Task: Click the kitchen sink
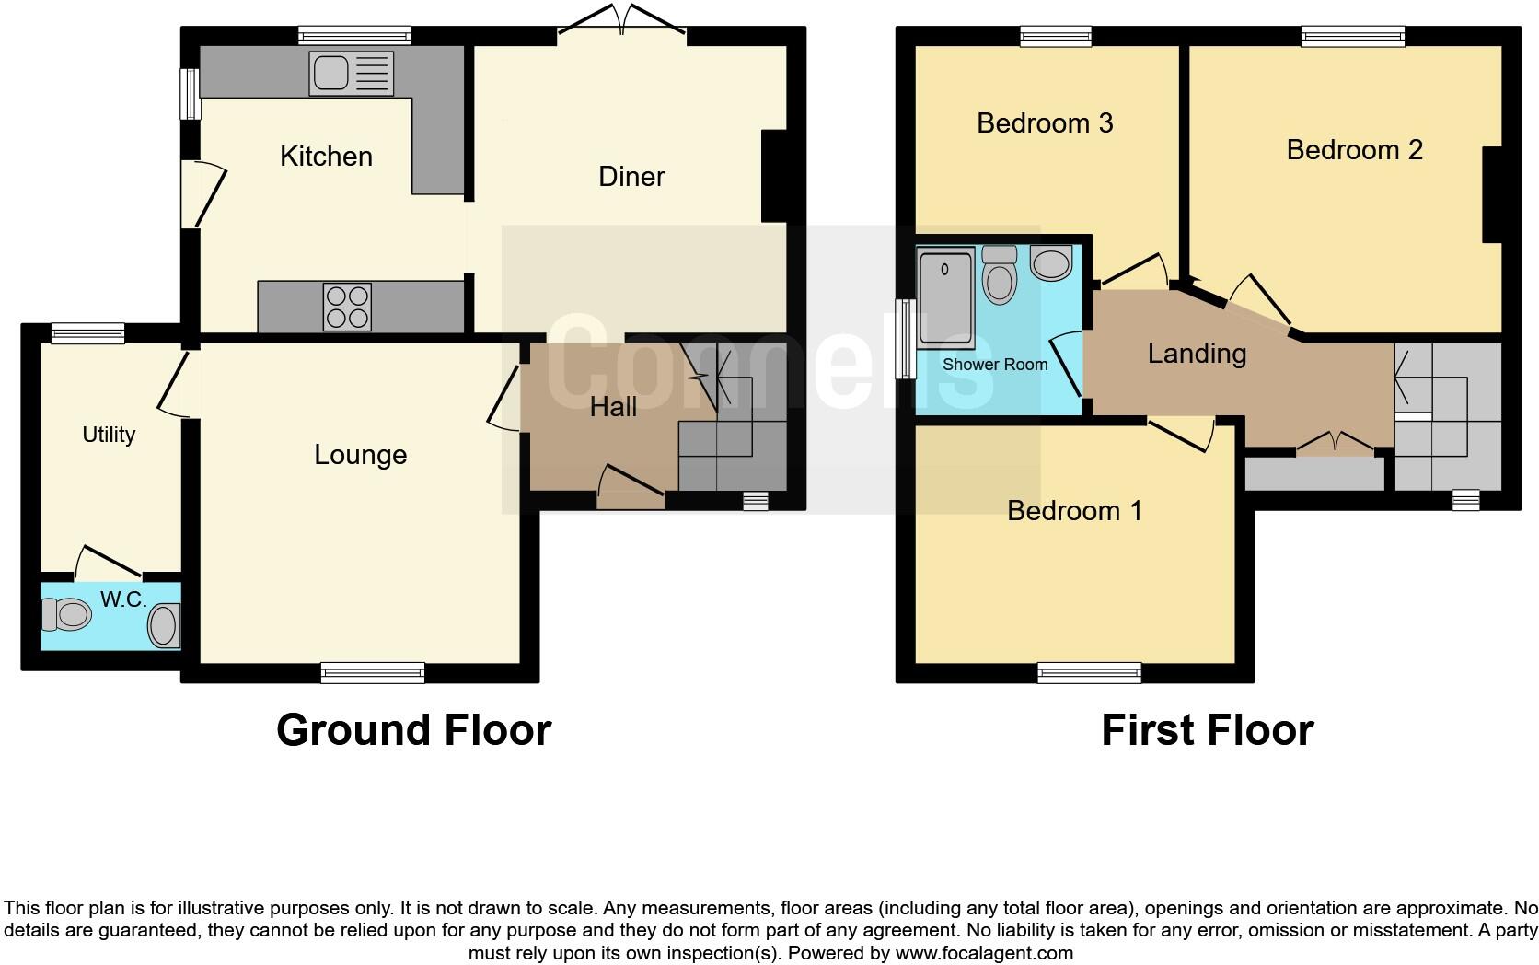(x=351, y=74)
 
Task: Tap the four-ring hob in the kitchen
(x=348, y=307)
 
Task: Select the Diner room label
(x=631, y=177)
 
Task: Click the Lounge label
(x=360, y=455)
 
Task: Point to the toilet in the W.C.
(x=67, y=613)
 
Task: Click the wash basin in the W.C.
(x=163, y=625)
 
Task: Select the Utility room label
(x=109, y=435)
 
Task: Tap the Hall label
(x=613, y=407)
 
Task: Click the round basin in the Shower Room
(x=1051, y=263)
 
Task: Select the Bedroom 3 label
(x=1045, y=123)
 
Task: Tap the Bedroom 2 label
(x=1354, y=150)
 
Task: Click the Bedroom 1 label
(x=1074, y=511)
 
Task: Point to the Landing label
(x=1197, y=354)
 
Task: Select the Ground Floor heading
(x=413, y=730)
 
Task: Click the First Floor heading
(x=1207, y=730)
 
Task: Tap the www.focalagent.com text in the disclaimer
(x=984, y=953)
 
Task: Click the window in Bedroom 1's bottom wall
(x=1089, y=673)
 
